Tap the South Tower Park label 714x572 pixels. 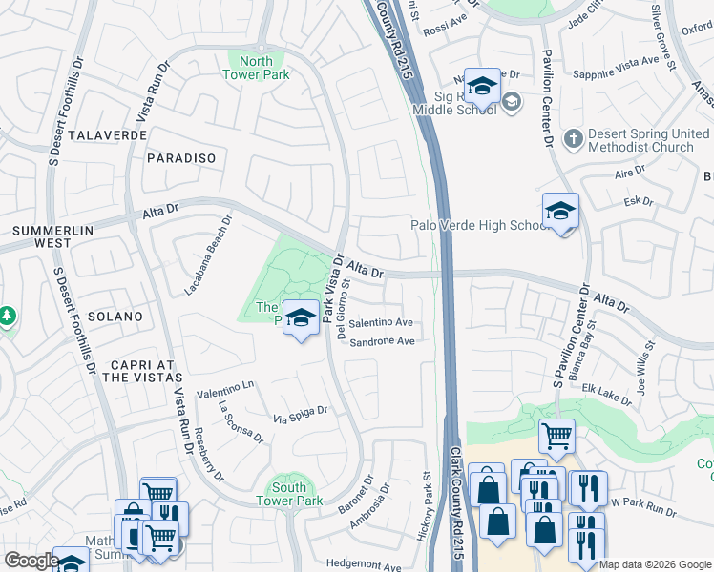coord(288,494)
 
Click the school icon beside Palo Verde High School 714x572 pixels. coord(560,211)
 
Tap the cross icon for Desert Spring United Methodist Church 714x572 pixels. coord(573,140)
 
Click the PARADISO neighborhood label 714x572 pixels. coord(180,157)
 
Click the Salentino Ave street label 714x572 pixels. coord(380,323)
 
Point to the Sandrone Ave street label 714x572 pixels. coord(382,341)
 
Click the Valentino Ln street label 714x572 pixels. coord(226,390)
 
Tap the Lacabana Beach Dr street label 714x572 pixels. coord(208,252)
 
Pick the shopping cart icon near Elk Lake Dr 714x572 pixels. coord(556,437)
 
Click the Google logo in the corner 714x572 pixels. coord(31,561)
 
